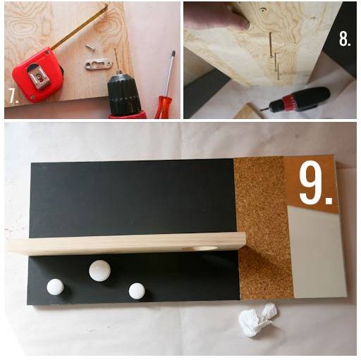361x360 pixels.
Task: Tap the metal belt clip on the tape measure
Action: (39, 77)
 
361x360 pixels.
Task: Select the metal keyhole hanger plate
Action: (98, 64)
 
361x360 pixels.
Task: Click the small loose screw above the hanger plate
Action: (90, 48)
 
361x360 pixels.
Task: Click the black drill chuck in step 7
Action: (123, 94)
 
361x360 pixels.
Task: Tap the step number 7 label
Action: (13, 96)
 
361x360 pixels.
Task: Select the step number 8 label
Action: (345, 39)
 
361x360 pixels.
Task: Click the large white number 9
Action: (311, 182)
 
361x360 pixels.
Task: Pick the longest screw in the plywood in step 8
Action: (271, 44)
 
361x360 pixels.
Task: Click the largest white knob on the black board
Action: (99, 271)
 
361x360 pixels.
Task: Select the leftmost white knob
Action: (55, 287)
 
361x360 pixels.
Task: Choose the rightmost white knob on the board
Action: (137, 291)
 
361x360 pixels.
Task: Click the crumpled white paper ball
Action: (257, 319)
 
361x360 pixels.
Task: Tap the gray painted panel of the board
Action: (316, 252)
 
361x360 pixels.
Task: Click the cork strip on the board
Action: (263, 228)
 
